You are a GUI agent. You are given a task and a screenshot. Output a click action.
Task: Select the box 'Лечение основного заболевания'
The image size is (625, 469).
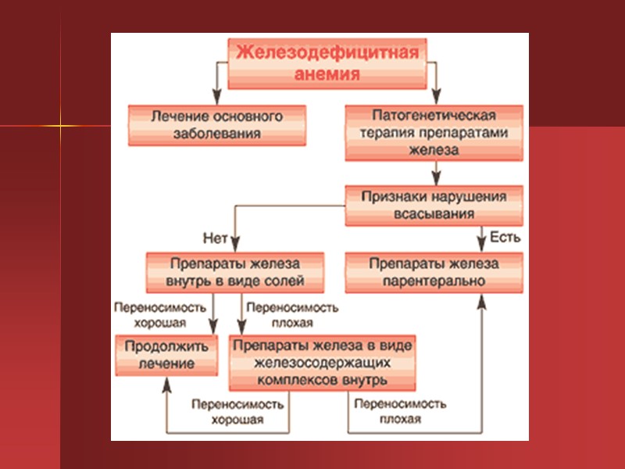pyautogui.click(x=217, y=125)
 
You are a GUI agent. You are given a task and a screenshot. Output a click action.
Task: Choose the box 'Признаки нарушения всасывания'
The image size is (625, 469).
pyautogui.click(x=434, y=204)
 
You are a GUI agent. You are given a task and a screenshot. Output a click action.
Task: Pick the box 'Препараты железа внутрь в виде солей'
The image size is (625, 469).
pyautogui.click(x=234, y=272)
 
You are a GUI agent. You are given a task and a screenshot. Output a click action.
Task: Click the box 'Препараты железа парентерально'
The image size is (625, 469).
pyautogui.click(x=434, y=272)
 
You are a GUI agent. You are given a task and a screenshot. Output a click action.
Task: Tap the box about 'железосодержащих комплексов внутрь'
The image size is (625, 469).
pyautogui.click(x=321, y=363)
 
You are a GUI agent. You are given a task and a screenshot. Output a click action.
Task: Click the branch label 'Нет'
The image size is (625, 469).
pyautogui.click(x=214, y=237)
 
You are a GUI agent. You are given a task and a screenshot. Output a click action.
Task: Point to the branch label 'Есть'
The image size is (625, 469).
pyautogui.click(x=505, y=235)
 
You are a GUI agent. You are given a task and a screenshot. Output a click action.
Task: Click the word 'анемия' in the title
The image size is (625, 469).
pyautogui.click(x=329, y=75)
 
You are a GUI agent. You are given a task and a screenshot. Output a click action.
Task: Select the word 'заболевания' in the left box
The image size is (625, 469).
pyautogui.click(x=217, y=134)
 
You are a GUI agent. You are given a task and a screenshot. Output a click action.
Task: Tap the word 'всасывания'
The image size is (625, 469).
pyautogui.click(x=434, y=213)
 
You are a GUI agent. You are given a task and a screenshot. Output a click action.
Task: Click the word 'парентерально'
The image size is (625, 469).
pyautogui.click(x=434, y=281)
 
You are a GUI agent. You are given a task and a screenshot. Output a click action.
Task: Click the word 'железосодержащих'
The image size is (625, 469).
pyautogui.click(x=321, y=363)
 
